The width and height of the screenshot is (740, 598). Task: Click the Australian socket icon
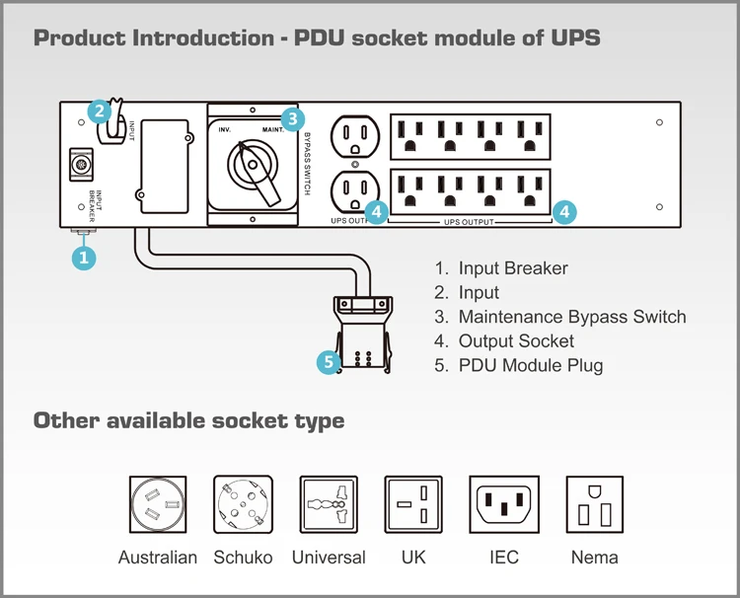click(x=158, y=504)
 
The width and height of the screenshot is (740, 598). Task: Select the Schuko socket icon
click(x=243, y=504)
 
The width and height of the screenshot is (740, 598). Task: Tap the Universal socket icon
click(x=329, y=504)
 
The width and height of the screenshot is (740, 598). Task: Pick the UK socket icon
click(x=413, y=504)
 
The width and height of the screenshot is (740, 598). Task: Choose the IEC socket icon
click(x=503, y=504)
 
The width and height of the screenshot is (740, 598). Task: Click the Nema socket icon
click(x=594, y=504)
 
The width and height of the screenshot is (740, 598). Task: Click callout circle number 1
click(x=85, y=258)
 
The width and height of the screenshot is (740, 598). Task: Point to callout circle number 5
click(x=331, y=362)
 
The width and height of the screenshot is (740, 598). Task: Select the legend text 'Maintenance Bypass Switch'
click(x=572, y=317)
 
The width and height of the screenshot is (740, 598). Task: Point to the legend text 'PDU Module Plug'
click(x=531, y=365)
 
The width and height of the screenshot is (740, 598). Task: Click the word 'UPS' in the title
click(x=572, y=38)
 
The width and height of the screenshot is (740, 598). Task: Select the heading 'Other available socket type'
click(x=189, y=420)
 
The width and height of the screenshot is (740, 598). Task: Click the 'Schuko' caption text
click(x=243, y=558)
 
